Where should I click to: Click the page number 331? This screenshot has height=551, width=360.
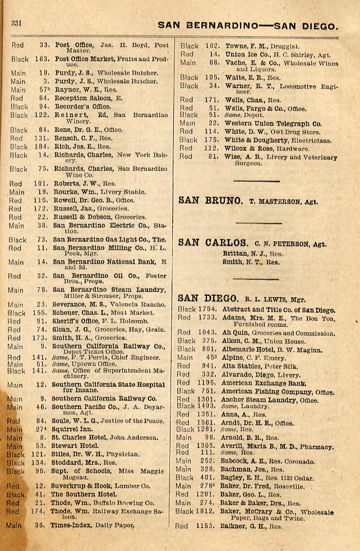coord(16,23)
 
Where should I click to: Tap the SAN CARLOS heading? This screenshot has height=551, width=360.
coord(213,243)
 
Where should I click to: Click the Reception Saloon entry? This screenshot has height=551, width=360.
coord(89,98)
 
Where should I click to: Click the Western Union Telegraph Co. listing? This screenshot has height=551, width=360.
coord(273,123)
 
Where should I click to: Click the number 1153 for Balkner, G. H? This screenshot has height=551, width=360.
coord(206,526)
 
